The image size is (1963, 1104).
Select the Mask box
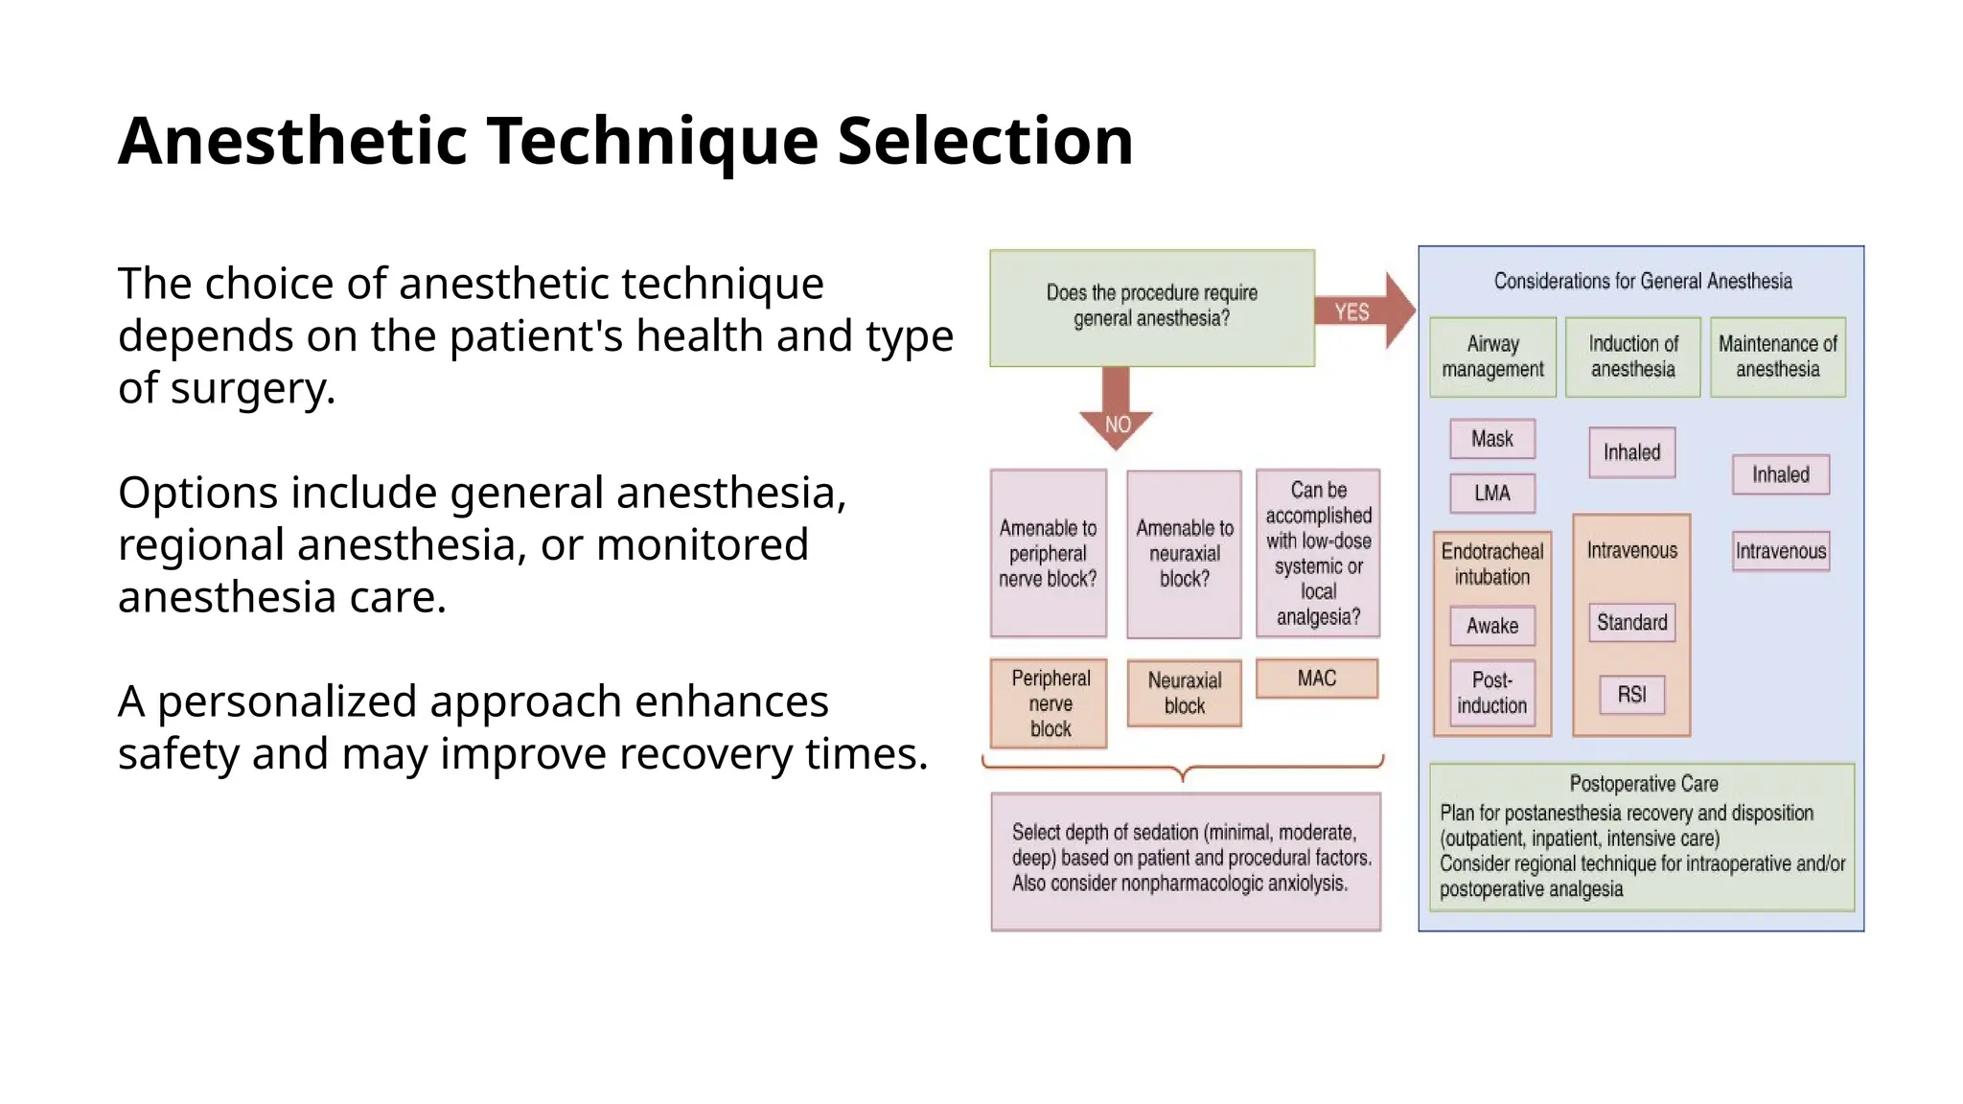[1491, 439]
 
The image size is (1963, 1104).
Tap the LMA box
[1491, 494]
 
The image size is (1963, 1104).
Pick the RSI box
[1631, 695]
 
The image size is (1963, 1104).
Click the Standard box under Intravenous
[1631, 623]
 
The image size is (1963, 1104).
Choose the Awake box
[1491, 626]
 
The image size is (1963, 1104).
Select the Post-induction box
[1491, 693]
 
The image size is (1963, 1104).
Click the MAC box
[1316, 678]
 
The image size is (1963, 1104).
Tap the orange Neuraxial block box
[1184, 693]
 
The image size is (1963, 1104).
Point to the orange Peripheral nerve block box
[1049, 703]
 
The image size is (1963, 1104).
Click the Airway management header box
[1492, 356]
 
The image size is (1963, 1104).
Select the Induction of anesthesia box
[1632, 356]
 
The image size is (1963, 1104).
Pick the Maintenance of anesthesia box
[1777, 356]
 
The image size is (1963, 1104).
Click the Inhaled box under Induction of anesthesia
[1631, 452]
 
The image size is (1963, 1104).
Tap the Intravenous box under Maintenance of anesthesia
[1780, 551]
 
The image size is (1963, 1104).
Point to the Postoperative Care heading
[1643, 784]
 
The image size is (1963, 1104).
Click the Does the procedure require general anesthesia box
[1151, 308]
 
